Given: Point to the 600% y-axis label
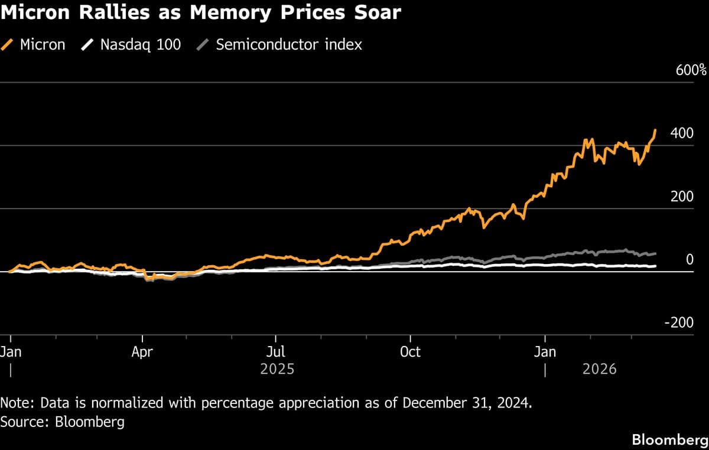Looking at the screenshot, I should [x=691, y=70].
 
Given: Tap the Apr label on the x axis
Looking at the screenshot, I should [x=142, y=352].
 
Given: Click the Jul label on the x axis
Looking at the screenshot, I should [x=275, y=352].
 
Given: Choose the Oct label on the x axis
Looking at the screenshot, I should [x=409, y=352].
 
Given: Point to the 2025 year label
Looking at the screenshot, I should [x=277, y=370].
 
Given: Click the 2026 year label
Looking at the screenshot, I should [x=599, y=370].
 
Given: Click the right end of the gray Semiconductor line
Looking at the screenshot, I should [x=655, y=253].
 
